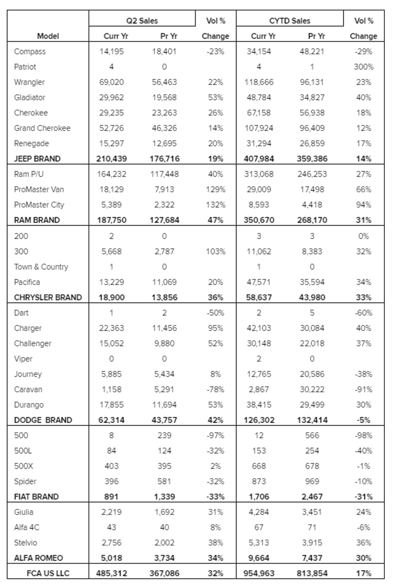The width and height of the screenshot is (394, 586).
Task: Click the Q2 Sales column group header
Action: (142, 21)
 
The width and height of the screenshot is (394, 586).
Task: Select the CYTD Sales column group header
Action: (289, 21)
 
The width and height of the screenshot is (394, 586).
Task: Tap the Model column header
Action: (48, 36)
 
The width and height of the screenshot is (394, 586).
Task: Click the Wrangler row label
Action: (29, 82)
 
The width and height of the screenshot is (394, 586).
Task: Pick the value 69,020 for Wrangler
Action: (111, 82)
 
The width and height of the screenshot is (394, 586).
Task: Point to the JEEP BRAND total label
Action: (37, 159)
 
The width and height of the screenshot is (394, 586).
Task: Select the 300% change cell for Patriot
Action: (364, 67)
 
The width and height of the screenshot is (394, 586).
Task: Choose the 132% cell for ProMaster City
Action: (215, 205)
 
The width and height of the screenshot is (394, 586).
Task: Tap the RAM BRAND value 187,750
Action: (111, 220)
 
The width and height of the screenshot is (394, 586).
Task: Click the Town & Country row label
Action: (41, 267)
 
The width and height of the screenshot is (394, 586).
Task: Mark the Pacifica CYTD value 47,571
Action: (259, 282)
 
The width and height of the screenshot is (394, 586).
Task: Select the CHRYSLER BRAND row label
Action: (48, 297)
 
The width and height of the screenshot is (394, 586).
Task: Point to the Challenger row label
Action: (32, 343)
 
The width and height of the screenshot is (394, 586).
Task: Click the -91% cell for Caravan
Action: (364, 389)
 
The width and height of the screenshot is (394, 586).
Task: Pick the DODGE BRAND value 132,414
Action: (312, 420)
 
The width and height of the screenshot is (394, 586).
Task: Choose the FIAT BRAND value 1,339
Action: (164, 497)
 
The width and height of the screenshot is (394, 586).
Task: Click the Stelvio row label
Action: (25, 543)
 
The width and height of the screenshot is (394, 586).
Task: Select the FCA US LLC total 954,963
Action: (259, 573)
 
